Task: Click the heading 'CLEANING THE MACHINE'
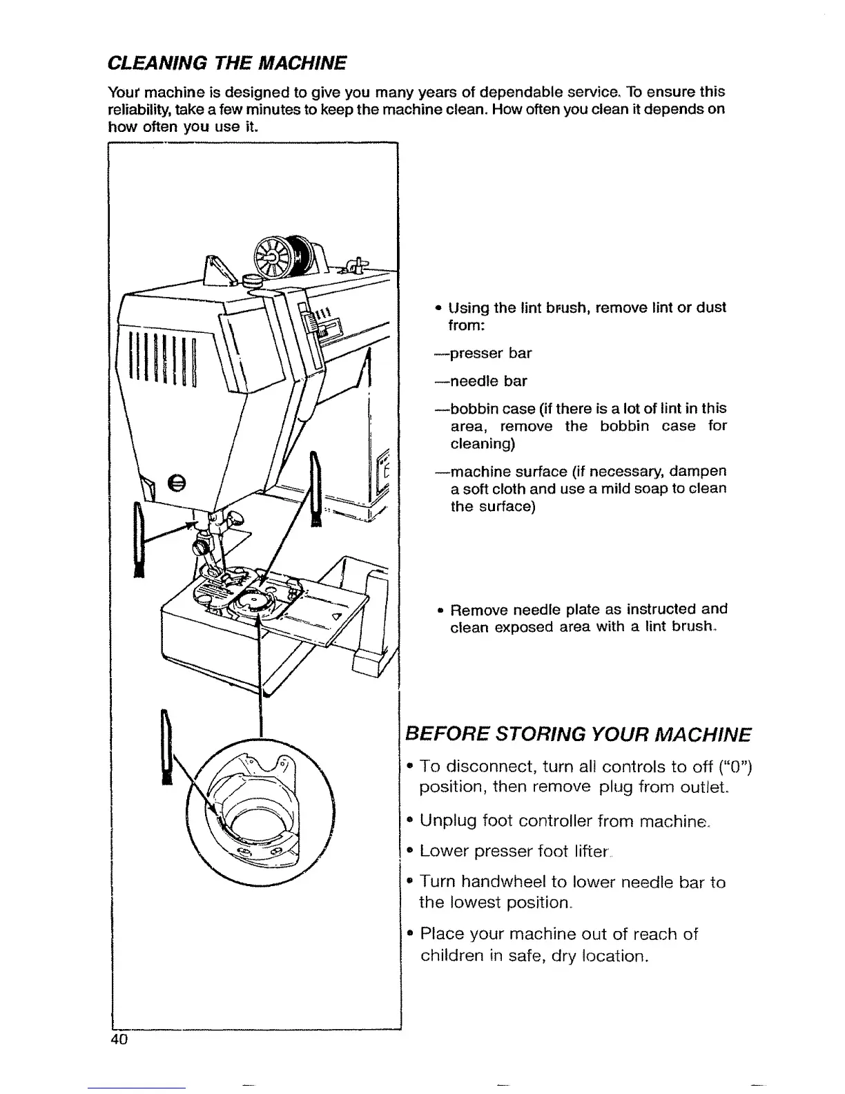click(x=227, y=64)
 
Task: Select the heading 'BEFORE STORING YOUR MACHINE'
click(x=578, y=733)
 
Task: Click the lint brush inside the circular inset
click(x=166, y=749)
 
